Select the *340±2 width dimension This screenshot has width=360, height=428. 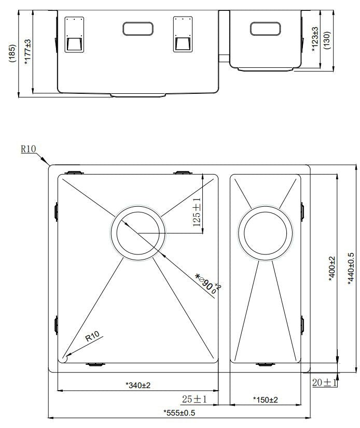pos(137,385)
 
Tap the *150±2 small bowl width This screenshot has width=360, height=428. pos(265,400)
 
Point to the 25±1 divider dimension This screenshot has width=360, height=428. pos(195,399)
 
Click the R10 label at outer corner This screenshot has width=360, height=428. pos(28,149)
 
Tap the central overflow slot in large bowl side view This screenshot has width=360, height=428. pos(137,28)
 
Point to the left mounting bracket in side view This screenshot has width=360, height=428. pos(73,35)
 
